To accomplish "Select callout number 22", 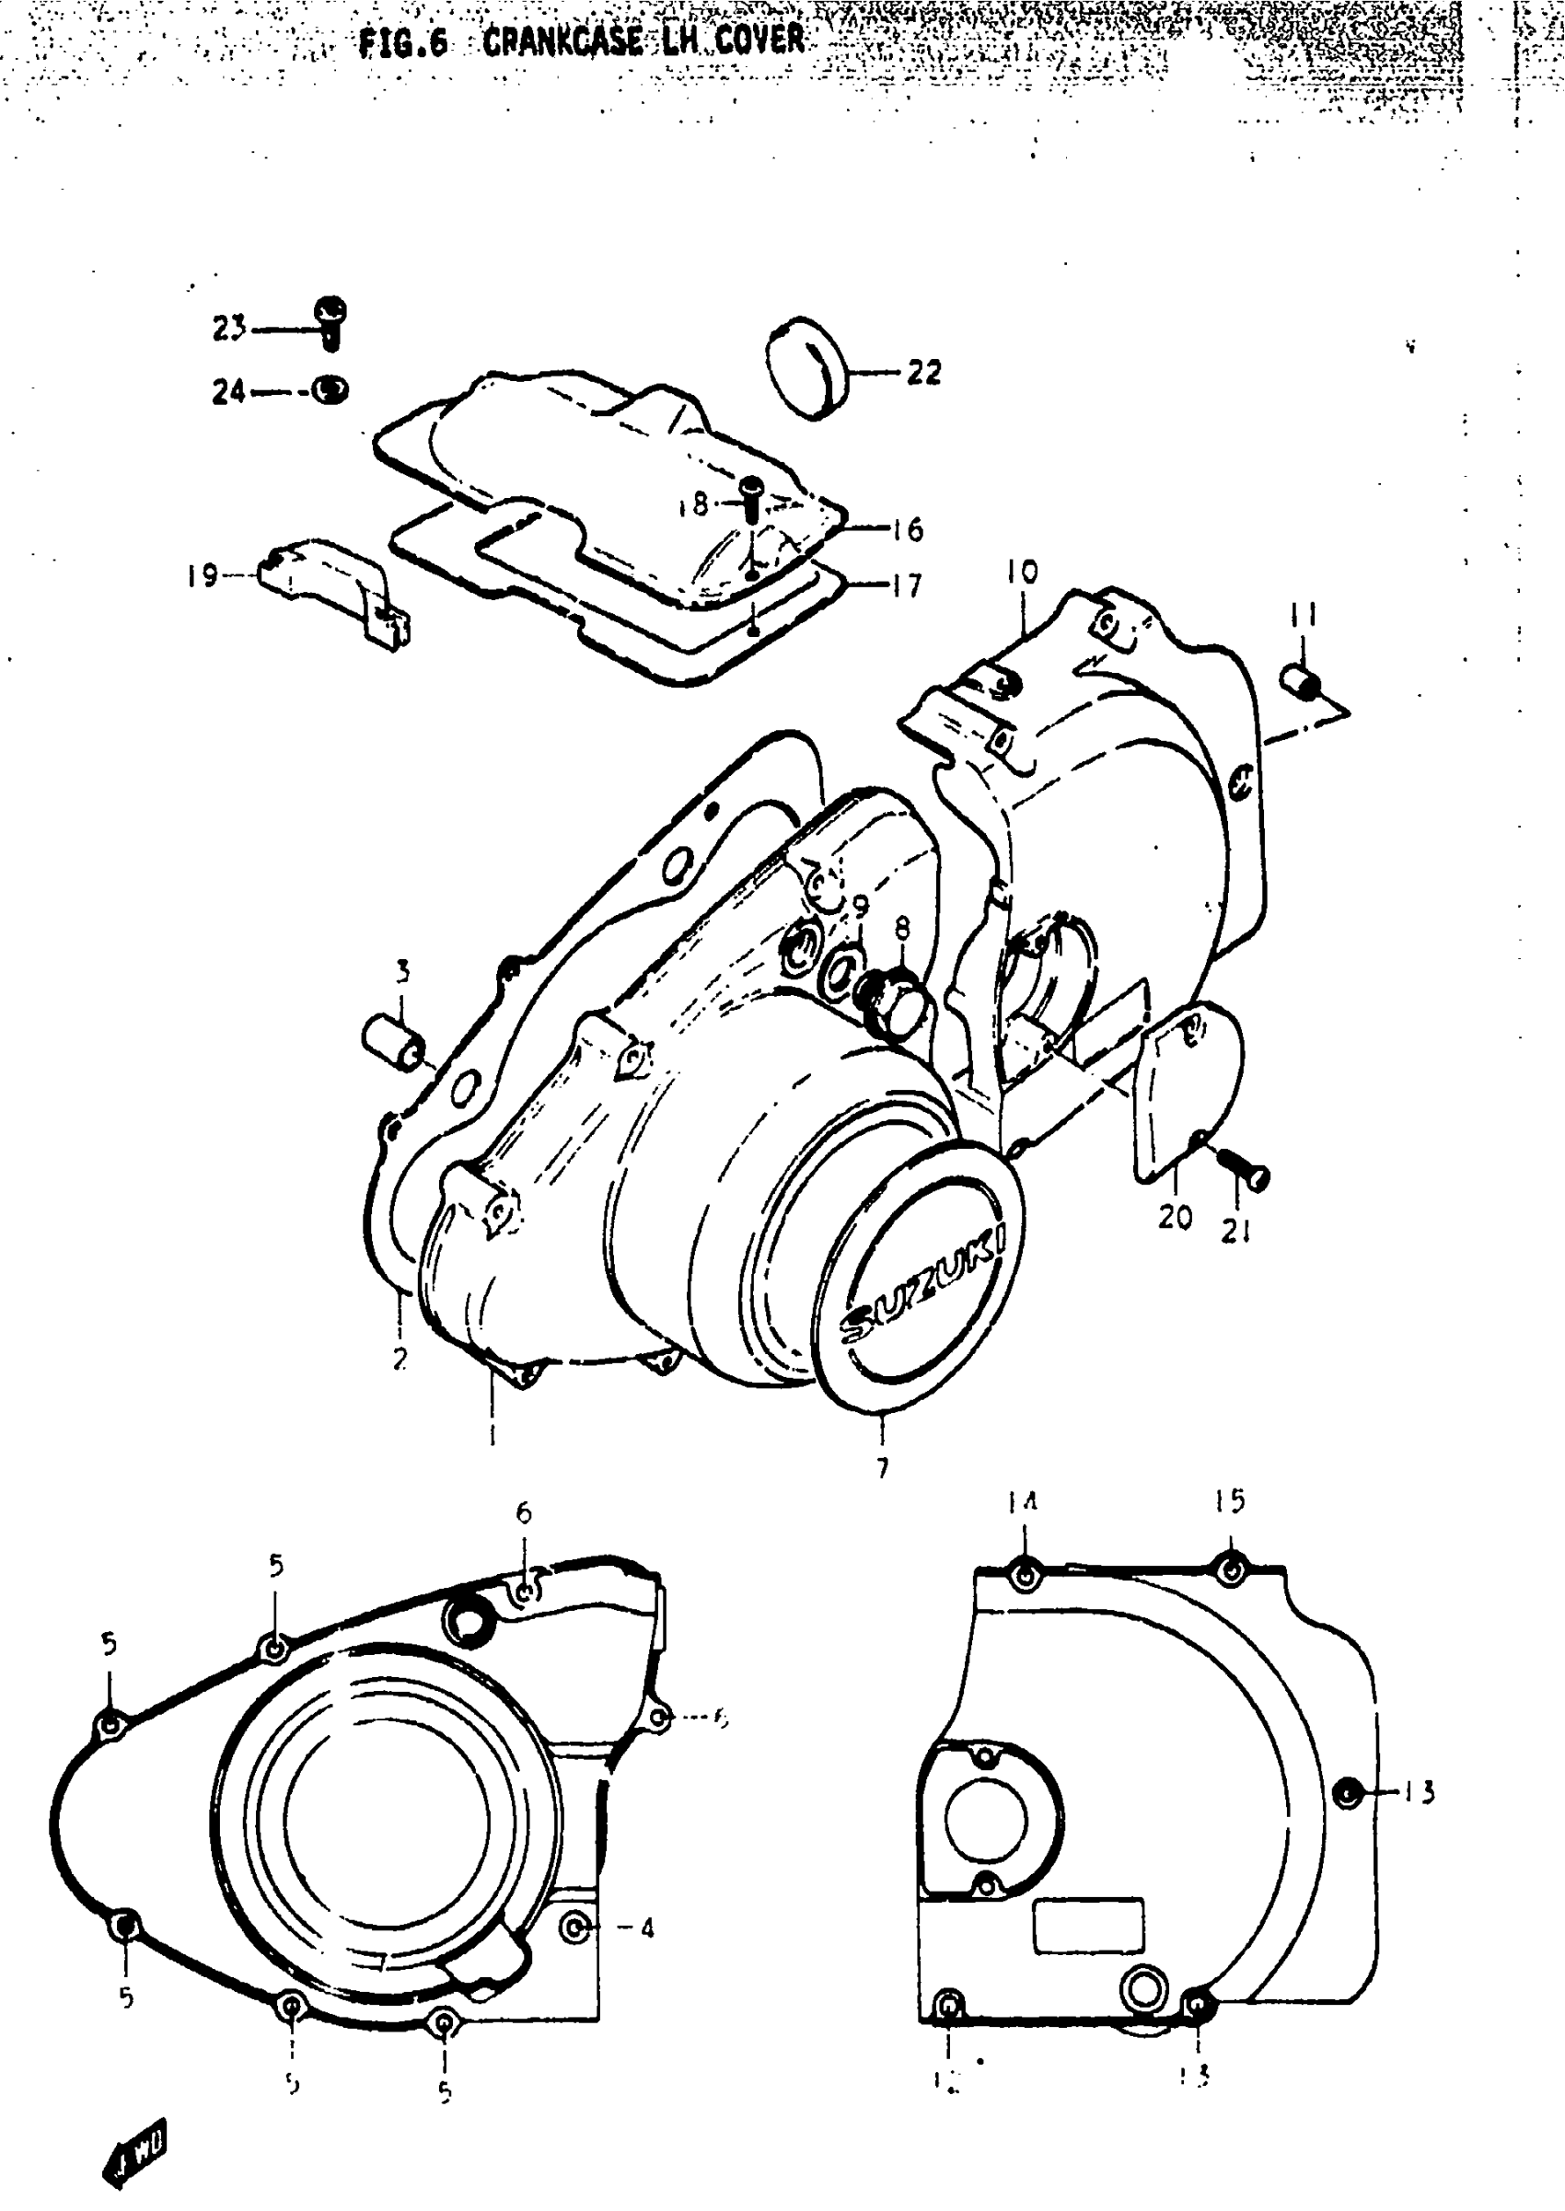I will pos(923,373).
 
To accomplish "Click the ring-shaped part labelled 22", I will pos(806,367).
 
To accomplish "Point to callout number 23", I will pos(228,329).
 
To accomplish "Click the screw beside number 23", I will pos(330,321).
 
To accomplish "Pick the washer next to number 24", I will pos(330,390).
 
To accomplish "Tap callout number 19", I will pos(203,576).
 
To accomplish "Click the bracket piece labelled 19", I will pos(332,586).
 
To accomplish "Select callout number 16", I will pos(907,529).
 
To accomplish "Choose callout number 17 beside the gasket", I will pos(906,585).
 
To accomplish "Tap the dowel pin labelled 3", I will pos(392,1042).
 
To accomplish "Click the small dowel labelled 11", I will pos(1302,684).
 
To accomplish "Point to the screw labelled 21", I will pos(1248,1173).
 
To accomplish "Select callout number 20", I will pos(1175,1217).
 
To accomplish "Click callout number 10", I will pos(1023,573).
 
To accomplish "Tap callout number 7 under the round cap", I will pos(883,1467).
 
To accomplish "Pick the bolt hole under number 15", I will pos(1230,1571).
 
